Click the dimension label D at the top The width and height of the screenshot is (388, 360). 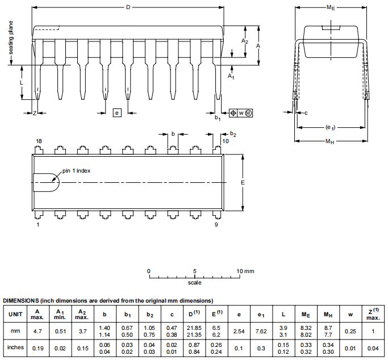coord(128,7)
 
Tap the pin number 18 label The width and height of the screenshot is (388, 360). coord(39,141)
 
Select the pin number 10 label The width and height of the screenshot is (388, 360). coord(226,141)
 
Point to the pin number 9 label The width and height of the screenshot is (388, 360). coord(216,225)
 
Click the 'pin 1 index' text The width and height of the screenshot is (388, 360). coord(76,170)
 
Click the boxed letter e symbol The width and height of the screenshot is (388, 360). coord(117,113)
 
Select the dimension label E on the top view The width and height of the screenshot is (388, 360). coord(243,183)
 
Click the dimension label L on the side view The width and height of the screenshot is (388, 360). coord(21,82)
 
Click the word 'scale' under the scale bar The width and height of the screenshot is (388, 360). coord(194,282)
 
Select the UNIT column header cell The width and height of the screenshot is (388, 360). coord(16,314)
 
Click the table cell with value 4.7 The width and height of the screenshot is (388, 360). coord(37,331)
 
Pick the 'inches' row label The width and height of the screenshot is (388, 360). coord(16,348)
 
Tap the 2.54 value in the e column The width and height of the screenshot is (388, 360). coord(239,331)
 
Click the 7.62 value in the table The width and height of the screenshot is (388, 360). coord(261,331)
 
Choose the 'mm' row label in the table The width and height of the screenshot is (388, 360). coord(16,331)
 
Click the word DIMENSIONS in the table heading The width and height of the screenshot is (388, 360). coord(21,300)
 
